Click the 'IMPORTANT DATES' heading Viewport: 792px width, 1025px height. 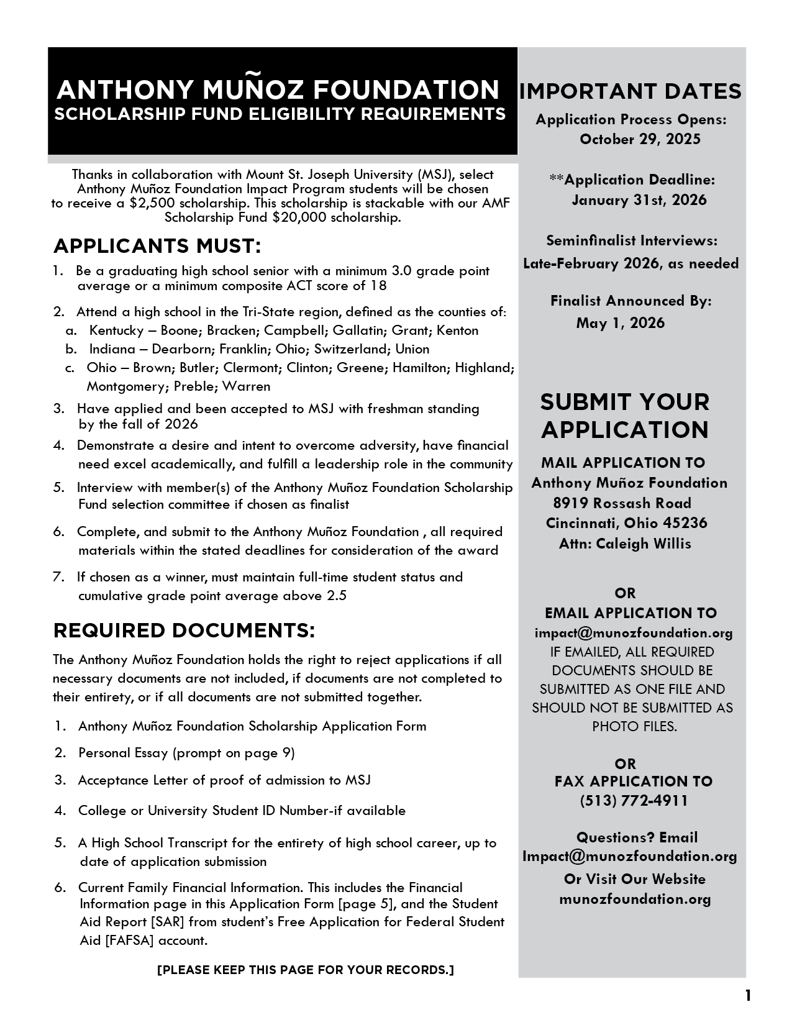[630, 91]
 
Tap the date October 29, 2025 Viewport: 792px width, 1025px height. [640, 139]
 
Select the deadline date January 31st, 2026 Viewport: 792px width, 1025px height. [639, 200]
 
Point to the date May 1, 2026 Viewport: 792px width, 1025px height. [620, 323]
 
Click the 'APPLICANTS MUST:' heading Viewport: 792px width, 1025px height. [157, 246]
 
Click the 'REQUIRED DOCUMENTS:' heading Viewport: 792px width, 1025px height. [184, 631]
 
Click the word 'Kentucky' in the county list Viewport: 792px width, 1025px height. [116, 330]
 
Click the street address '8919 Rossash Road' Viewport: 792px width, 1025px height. [622, 503]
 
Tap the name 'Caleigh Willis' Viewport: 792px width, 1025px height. [643, 544]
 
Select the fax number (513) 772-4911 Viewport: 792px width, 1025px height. [634, 801]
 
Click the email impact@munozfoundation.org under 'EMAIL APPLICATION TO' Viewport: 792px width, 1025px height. [634, 633]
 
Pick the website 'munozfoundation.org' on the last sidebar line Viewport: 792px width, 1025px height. [635, 899]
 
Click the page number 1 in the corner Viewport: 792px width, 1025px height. [748, 995]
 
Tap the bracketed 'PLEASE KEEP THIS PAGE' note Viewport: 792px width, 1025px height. [306, 970]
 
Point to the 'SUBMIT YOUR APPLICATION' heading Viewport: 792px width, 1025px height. [624, 416]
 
